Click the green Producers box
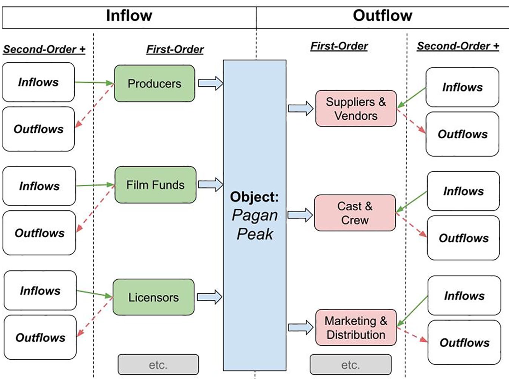point(154,84)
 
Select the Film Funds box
point(155,185)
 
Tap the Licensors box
point(154,297)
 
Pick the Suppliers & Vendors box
point(356,108)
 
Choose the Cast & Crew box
point(355,213)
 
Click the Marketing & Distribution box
point(356,327)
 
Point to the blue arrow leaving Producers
point(211,83)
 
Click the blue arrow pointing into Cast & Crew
point(300,215)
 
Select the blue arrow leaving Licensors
point(210,297)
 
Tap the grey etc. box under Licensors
point(158,364)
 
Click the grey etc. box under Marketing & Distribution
point(350,364)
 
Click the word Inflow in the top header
point(129,16)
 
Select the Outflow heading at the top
point(383,16)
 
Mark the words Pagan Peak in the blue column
point(255,224)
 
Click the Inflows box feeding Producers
point(38,82)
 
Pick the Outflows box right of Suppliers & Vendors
point(462,134)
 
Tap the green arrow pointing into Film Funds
point(95,185)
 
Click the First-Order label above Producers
point(175,49)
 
